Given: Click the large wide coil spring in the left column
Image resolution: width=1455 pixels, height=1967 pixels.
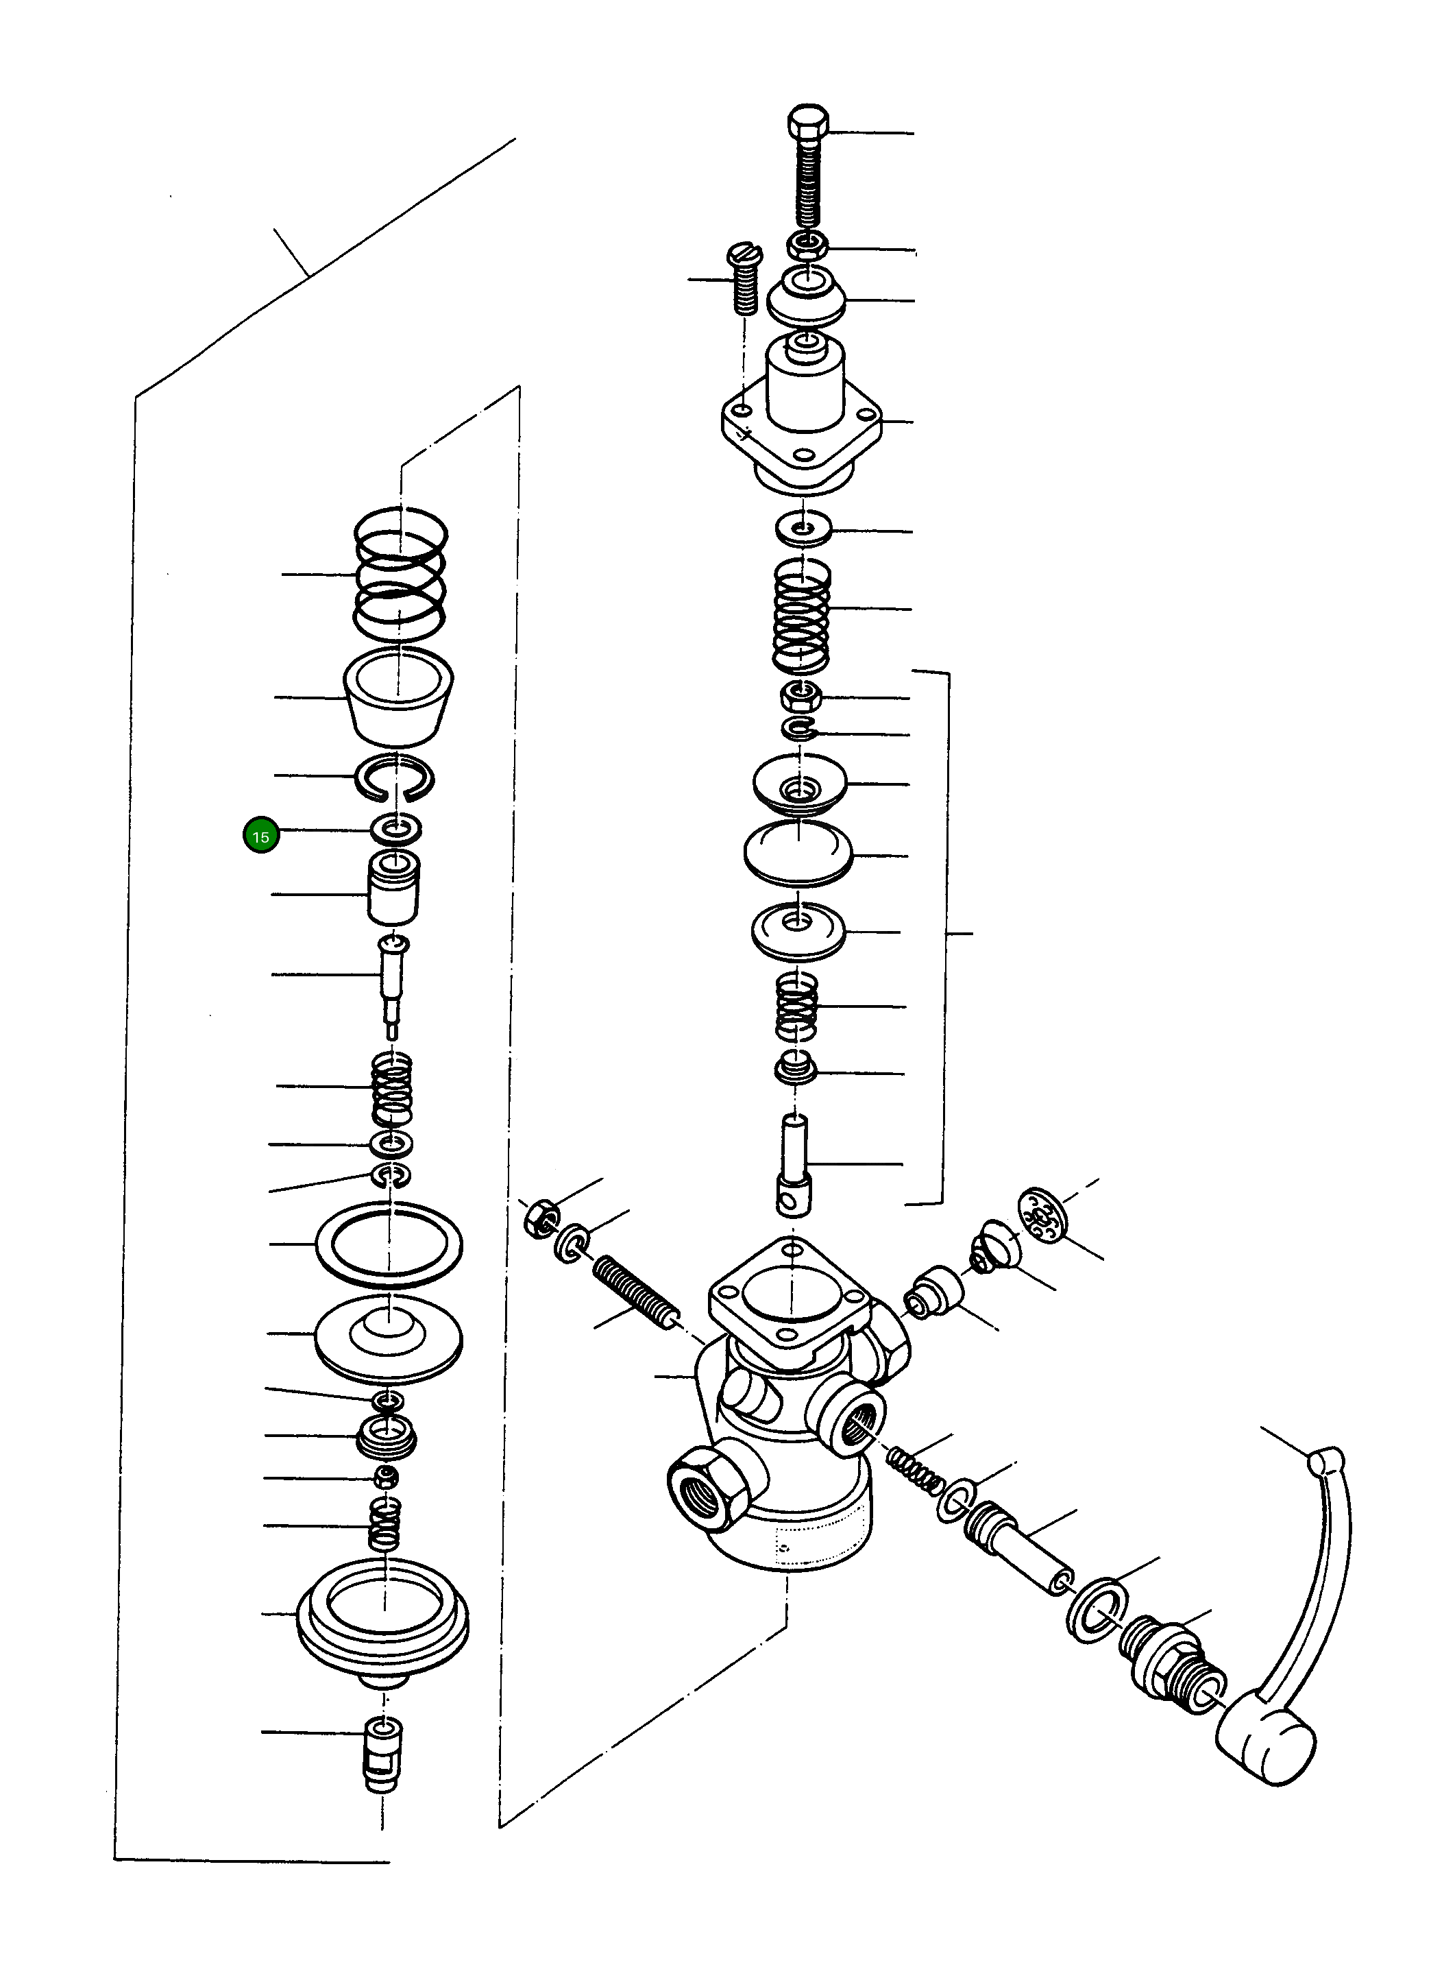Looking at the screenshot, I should click(401, 575).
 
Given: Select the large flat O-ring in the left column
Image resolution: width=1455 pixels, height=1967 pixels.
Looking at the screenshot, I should click(389, 1244).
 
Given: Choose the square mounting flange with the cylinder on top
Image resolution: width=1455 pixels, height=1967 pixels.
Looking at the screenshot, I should click(800, 424).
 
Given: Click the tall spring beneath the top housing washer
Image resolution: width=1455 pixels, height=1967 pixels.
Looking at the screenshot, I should click(801, 613).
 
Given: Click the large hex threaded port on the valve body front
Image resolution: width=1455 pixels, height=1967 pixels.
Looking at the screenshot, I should click(711, 1491).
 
